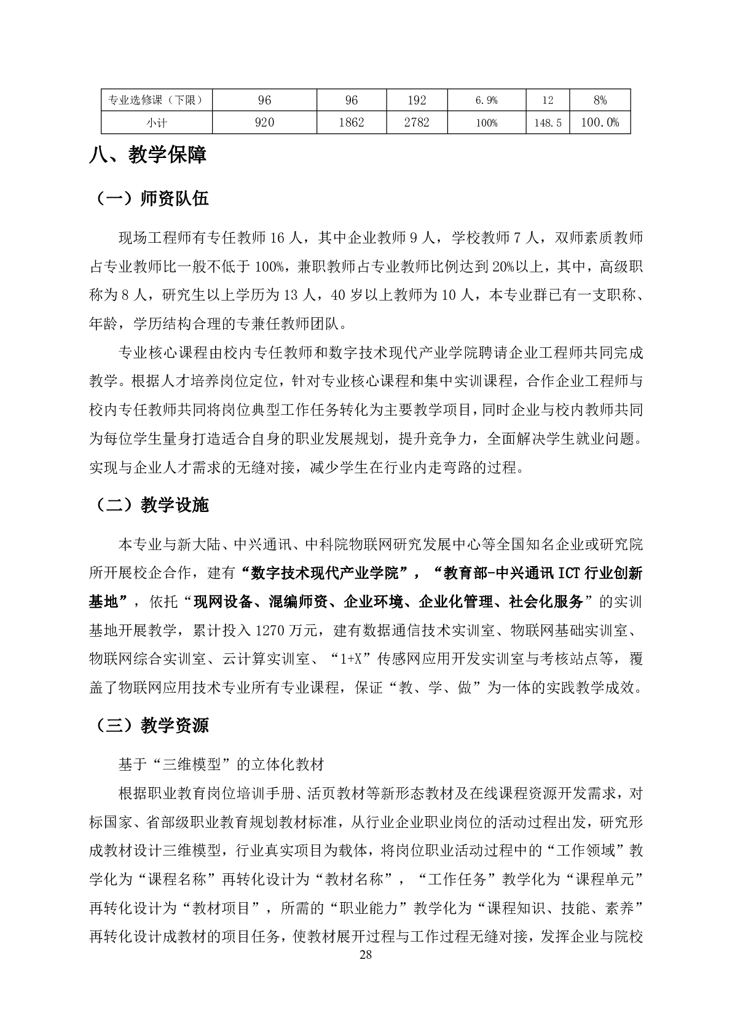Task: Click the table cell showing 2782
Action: pyautogui.click(x=417, y=122)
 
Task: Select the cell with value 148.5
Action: pyautogui.click(x=547, y=122)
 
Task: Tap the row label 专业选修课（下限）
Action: pyautogui.click(x=157, y=100)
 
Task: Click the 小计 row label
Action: pyautogui.click(x=157, y=122)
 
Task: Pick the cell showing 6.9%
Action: pyautogui.click(x=486, y=100)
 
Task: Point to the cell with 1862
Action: pyautogui.click(x=352, y=122)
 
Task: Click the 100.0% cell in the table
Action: pyautogui.click(x=600, y=122)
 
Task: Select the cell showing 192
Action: pyautogui.click(x=417, y=100)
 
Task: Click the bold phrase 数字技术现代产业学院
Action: pyautogui.click(x=326, y=573)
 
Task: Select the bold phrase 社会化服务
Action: pyautogui.click(x=546, y=602)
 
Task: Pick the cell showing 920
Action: pyautogui.click(x=264, y=122)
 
